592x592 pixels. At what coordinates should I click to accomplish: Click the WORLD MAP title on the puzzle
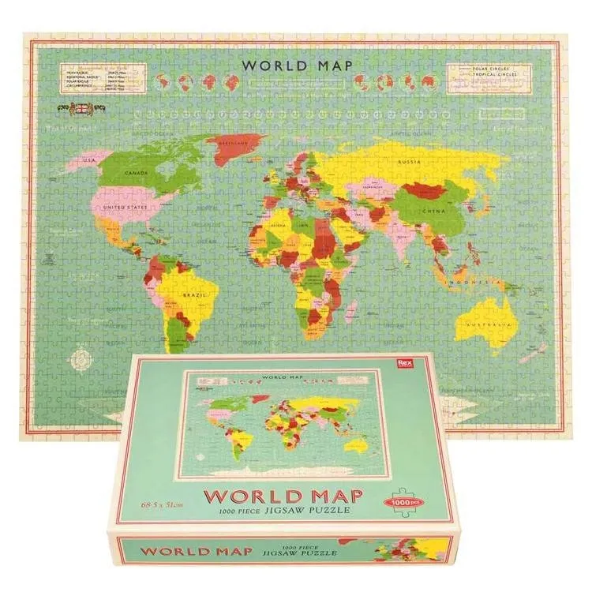click(x=297, y=66)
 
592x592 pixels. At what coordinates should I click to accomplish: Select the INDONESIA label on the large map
click(x=472, y=282)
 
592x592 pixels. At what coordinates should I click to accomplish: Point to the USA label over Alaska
click(x=88, y=161)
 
